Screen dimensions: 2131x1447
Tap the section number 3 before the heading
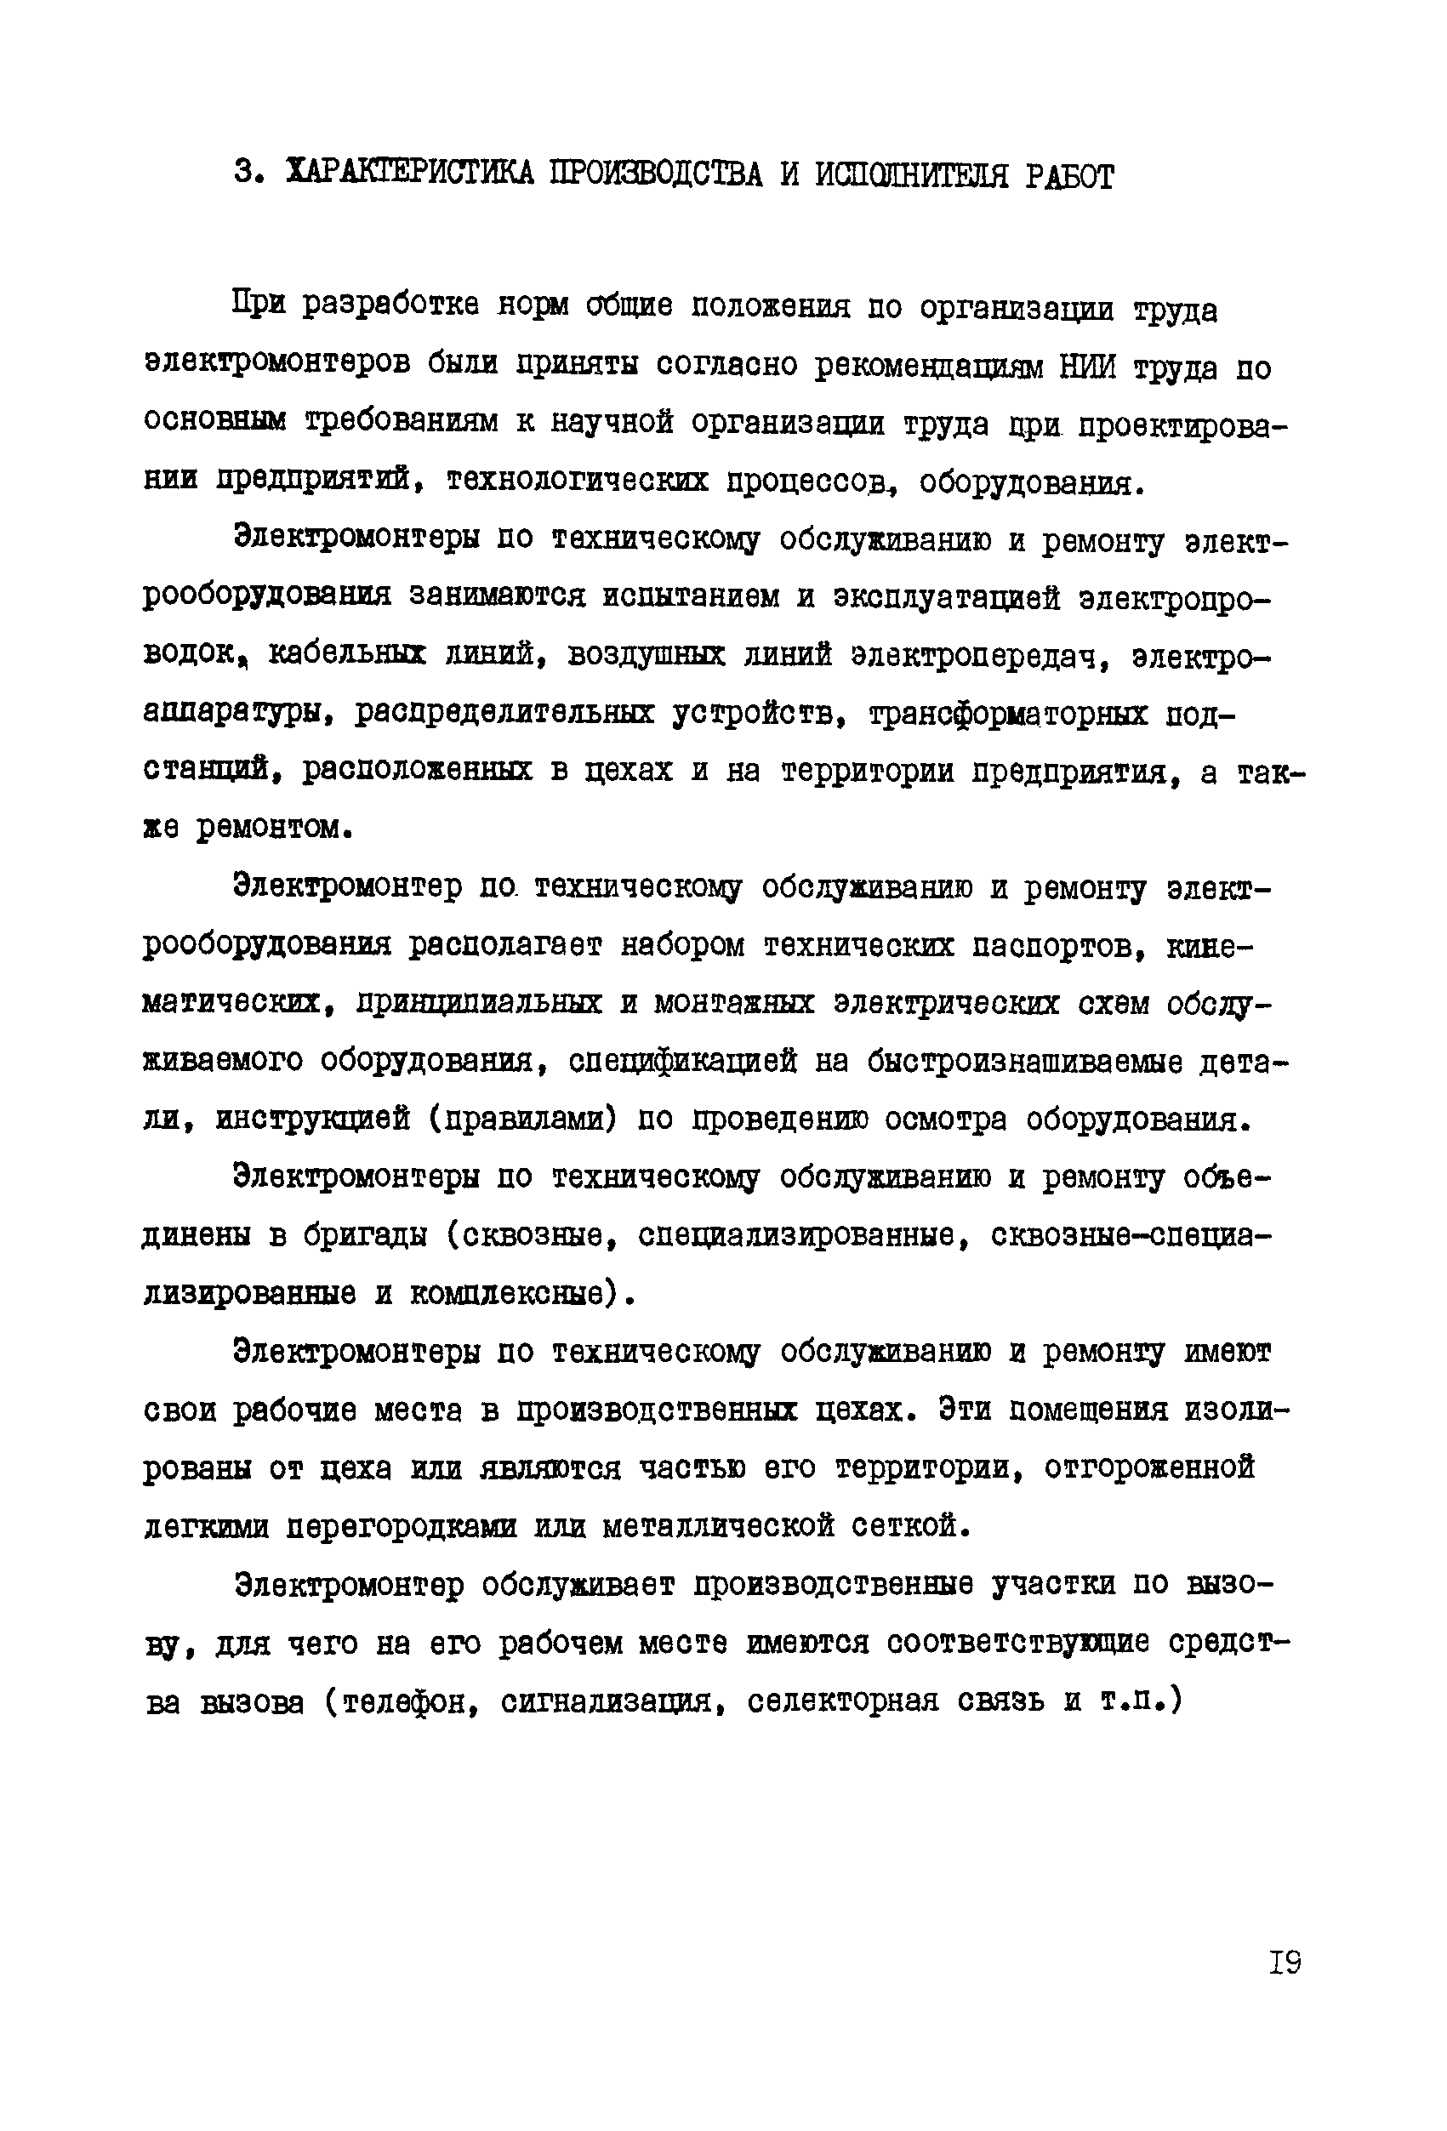(244, 173)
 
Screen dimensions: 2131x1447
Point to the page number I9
(1285, 1963)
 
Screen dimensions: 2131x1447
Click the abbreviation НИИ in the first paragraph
(1086, 367)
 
